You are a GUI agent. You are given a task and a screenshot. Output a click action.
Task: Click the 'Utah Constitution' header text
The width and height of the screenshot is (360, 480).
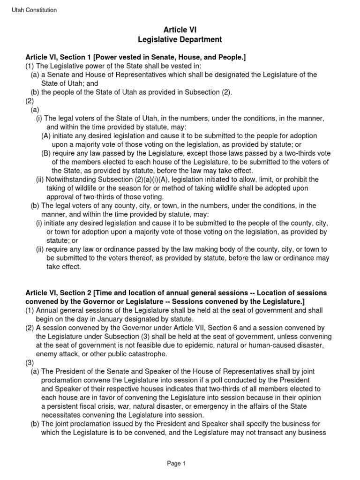[34, 10]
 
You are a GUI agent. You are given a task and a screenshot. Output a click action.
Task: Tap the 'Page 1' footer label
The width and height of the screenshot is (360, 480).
[177, 464]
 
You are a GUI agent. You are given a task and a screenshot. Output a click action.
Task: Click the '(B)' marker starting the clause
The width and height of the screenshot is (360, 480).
[46, 153]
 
